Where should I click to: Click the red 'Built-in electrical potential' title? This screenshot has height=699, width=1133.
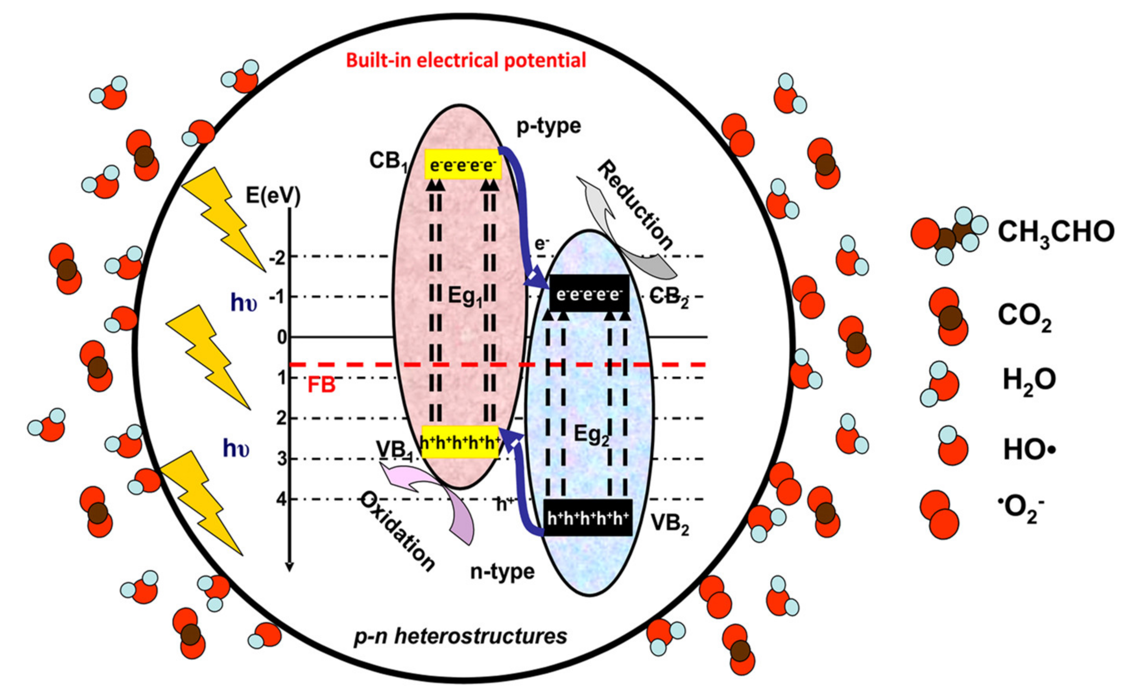pos(466,61)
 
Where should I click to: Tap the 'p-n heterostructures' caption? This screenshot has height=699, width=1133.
pos(460,636)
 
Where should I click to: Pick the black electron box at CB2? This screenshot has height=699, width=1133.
pos(589,294)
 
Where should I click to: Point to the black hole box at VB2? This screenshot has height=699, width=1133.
pos(588,518)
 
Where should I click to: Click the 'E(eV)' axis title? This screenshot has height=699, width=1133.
pos(273,196)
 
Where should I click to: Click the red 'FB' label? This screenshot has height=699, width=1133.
pos(321,385)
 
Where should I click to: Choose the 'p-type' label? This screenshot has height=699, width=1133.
pos(548,126)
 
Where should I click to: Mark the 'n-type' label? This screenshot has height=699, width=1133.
pos(502,572)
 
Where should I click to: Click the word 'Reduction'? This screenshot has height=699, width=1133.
pos(635,204)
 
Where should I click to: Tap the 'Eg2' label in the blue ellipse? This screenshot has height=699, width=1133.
pos(591,435)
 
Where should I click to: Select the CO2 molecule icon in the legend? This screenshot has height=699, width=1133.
pos(948,317)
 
